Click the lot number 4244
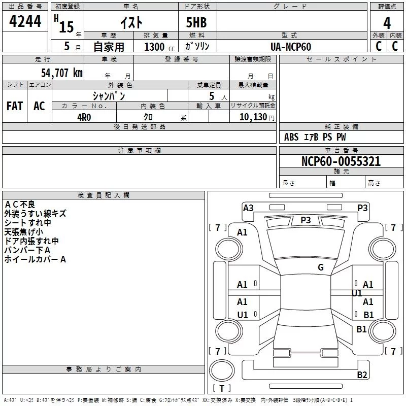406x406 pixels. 25,22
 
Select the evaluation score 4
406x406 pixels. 387,23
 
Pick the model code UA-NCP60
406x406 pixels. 291,47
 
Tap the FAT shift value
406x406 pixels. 14,106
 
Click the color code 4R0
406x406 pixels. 84,116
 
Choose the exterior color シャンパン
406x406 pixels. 109,95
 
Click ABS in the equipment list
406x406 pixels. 291,137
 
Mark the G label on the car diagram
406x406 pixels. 321,267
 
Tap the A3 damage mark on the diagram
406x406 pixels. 248,208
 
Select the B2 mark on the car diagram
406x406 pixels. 362,375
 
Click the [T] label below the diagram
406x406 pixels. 221,389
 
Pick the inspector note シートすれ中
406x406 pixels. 27,223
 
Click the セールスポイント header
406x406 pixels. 334,59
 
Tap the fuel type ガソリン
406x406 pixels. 197,47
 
